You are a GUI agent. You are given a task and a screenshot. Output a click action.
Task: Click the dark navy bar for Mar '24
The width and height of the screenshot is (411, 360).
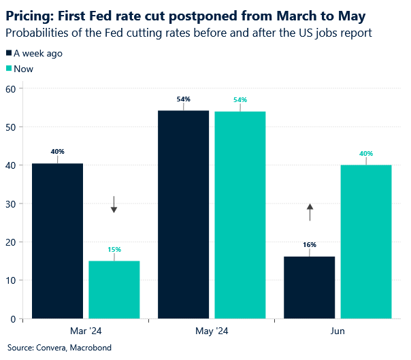[57, 241]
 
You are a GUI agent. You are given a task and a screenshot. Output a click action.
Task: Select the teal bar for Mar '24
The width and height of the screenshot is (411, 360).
[114, 289]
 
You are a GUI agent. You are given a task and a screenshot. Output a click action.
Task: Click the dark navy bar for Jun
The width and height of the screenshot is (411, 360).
[310, 287]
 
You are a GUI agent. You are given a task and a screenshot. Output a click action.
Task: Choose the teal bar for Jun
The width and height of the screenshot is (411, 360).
[366, 242]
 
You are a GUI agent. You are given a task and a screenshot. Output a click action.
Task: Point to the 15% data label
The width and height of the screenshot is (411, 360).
[114, 250]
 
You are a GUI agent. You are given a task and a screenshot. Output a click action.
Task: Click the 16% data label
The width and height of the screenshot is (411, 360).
[310, 244]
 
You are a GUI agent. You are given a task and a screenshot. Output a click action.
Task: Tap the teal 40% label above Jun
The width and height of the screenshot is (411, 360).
[366, 154]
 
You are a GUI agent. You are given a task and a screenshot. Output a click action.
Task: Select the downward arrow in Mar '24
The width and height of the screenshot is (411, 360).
[114, 204]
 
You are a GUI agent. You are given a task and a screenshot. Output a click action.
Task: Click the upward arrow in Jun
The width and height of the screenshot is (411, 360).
[310, 212]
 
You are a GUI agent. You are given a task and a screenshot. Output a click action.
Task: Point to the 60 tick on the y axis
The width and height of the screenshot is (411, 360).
[10, 88]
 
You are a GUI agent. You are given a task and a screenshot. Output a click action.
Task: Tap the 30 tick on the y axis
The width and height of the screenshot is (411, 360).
[10, 203]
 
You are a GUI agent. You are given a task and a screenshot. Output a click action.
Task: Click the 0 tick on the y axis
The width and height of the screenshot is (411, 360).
[12, 318]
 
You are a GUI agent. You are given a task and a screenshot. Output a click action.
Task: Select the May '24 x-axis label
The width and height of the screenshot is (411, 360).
[212, 331]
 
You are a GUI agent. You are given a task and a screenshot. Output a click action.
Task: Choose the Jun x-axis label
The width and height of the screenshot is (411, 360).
[338, 331]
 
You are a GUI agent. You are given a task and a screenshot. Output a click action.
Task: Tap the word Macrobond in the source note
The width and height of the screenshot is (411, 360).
[91, 348]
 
